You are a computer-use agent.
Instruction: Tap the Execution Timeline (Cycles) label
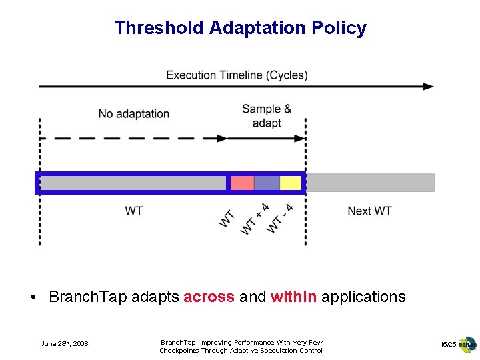point(237,75)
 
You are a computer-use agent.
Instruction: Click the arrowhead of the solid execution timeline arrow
point(429,87)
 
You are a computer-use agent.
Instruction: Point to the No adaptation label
point(133,114)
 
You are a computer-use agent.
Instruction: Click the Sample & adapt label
point(267,116)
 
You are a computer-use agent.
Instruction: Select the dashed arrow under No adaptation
point(133,139)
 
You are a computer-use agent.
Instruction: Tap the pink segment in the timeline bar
point(242,183)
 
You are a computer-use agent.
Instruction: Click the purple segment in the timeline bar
point(267,183)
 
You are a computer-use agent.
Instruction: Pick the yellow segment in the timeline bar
point(290,183)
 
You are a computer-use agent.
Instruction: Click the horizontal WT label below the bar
point(133,211)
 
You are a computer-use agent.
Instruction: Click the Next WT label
point(369,211)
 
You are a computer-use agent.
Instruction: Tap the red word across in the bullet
point(209,297)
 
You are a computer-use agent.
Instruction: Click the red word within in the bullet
point(293,297)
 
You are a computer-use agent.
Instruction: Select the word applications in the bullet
point(363,297)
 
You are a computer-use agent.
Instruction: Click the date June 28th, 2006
point(64,344)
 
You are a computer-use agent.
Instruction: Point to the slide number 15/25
point(448,344)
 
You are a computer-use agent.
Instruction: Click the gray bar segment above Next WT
point(370,183)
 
